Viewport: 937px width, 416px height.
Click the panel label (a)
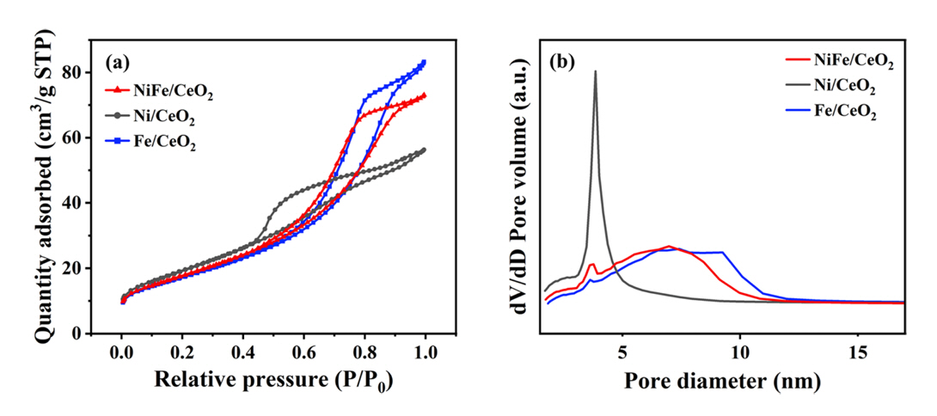pos(118,62)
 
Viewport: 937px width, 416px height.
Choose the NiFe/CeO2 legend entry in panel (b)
pos(840,63)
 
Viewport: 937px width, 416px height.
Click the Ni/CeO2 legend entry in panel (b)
pos(835,88)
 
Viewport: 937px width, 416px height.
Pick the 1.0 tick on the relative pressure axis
pos(425,353)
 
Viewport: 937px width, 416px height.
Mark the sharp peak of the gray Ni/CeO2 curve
pos(595,71)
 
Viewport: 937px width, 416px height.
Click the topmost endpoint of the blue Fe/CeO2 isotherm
pos(424,62)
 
